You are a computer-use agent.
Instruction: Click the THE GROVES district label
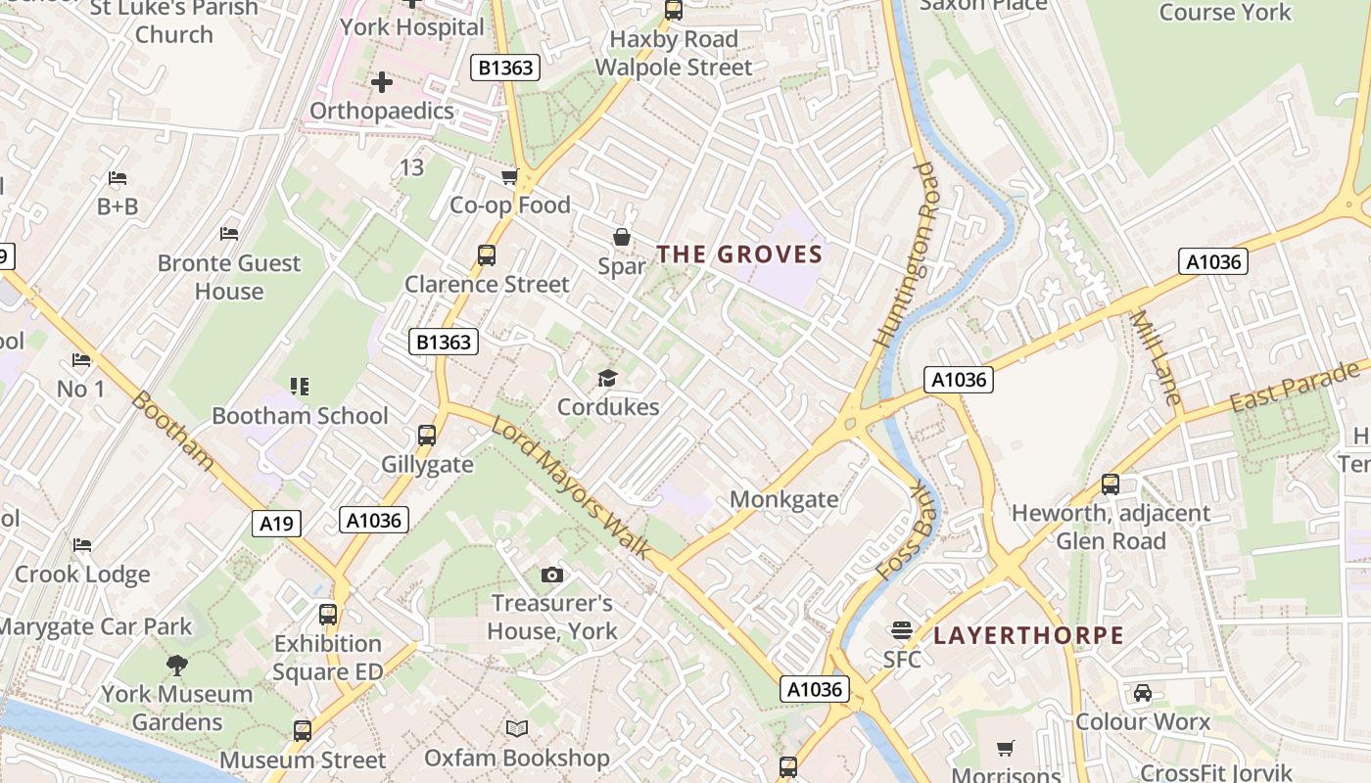point(739,254)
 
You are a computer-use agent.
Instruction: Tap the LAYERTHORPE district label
point(1028,635)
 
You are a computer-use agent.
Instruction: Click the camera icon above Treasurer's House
point(552,575)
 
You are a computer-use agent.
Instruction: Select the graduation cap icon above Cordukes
point(608,378)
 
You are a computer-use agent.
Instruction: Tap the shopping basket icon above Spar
point(621,237)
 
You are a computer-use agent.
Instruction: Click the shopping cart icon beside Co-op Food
point(509,177)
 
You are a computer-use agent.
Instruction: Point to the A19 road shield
point(276,524)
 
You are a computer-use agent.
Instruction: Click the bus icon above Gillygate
point(427,436)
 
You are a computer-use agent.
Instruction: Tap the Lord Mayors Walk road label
point(570,487)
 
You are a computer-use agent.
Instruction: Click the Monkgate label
point(784,499)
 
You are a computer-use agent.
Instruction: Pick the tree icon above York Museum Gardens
point(177,666)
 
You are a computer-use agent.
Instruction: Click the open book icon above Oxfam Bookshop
point(516,729)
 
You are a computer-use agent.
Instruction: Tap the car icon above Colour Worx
point(1142,693)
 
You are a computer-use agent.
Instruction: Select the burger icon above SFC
point(901,629)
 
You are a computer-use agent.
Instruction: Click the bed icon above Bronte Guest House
point(229,234)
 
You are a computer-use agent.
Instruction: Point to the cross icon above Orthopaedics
point(382,82)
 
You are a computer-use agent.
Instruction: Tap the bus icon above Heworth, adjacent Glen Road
point(1111,484)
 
